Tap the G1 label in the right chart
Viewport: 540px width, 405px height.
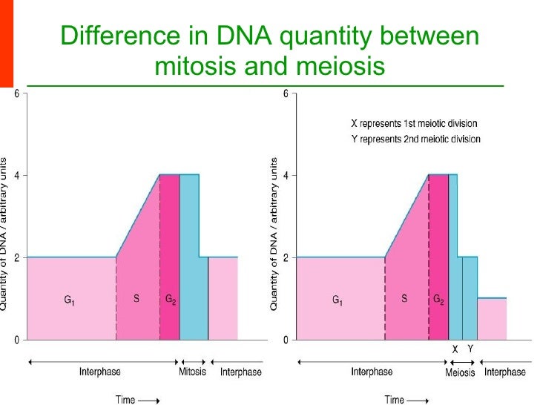pyautogui.click(x=337, y=300)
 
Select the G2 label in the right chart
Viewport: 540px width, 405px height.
pyautogui.click(x=439, y=300)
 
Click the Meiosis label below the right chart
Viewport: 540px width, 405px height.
pyautogui.click(x=460, y=372)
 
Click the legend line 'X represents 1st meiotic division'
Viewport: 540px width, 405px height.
pyautogui.click(x=413, y=123)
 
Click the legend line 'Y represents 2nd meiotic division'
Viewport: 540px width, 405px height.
pyautogui.click(x=415, y=139)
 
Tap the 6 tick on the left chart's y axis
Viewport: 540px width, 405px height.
pyautogui.click(x=18, y=95)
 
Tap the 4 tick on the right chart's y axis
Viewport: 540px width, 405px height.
pyautogui.click(x=286, y=176)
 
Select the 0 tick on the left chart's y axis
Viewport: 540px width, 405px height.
pyautogui.click(x=18, y=340)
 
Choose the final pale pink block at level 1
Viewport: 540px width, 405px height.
pyautogui.click(x=492, y=319)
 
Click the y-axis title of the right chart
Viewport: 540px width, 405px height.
pyautogui.click(x=274, y=234)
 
